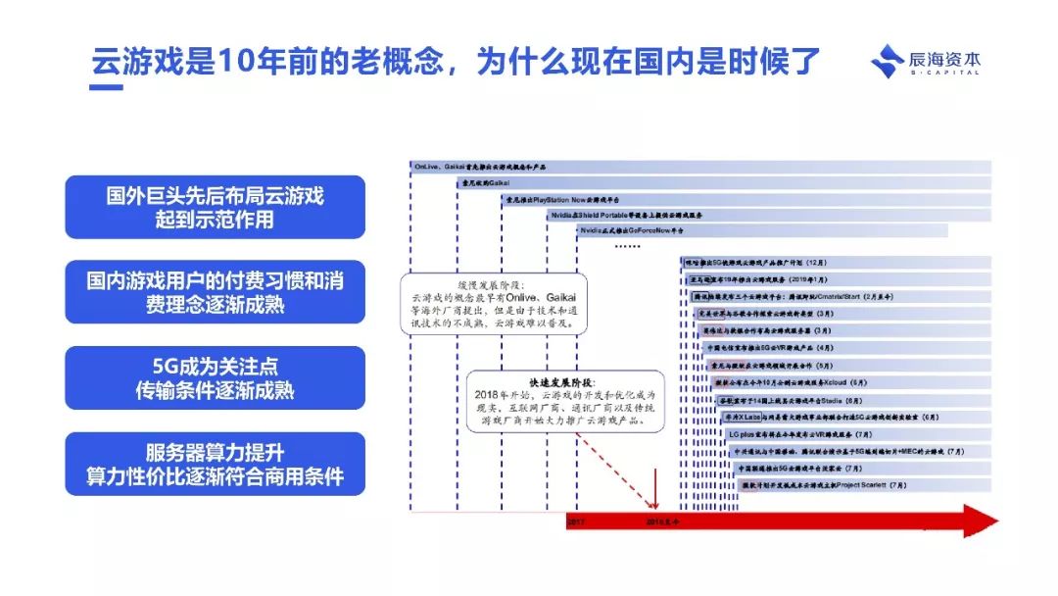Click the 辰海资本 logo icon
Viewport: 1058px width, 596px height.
tap(888, 62)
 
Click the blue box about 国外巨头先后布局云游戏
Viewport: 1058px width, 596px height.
tap(215, 207)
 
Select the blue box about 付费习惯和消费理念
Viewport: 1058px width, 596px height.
tap(215, 292)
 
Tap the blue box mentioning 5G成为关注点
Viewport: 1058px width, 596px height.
tap(215, 377)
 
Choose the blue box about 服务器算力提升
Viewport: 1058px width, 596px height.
tap(215, 464)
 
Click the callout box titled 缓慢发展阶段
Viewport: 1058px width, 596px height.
tap(470, 300)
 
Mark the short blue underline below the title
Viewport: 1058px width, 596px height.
tap(107, 87)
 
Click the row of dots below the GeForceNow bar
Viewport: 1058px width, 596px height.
tap(626, 245)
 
